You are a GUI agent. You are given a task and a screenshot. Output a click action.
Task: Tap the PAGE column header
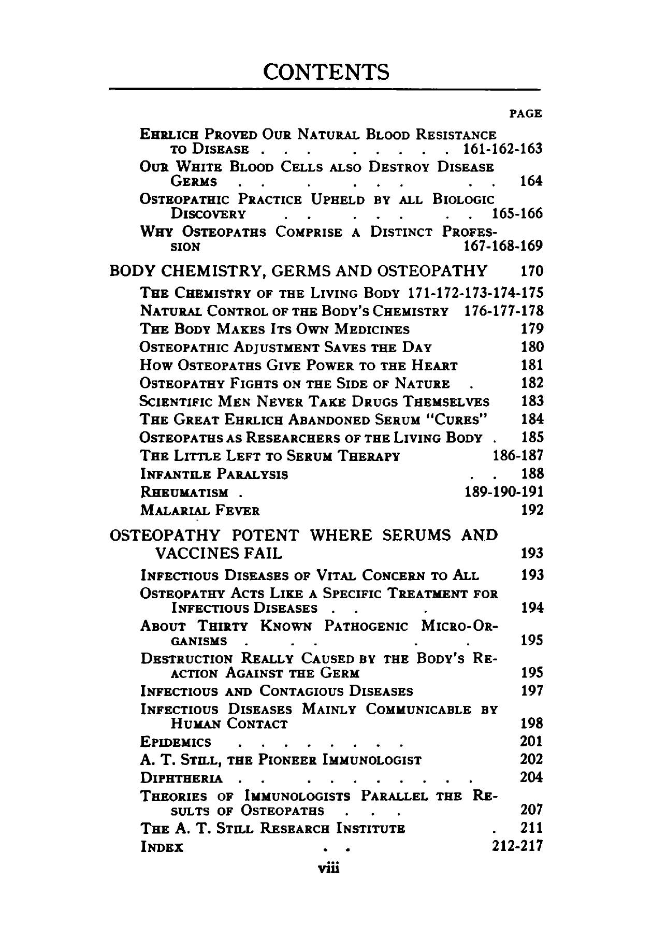point(526,113)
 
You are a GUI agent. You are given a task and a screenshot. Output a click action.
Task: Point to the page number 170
point(531,271)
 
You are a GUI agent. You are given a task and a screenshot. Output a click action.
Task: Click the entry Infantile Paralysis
point(214,474)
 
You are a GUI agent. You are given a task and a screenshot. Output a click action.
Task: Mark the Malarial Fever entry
point(200,511)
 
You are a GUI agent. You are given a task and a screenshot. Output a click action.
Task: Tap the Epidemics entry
point(176,743)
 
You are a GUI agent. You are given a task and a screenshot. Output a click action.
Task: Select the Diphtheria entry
point(182,778)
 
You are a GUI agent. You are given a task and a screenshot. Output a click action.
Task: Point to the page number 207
point(531,810)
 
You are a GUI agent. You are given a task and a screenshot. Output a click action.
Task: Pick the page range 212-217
point(516,846)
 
